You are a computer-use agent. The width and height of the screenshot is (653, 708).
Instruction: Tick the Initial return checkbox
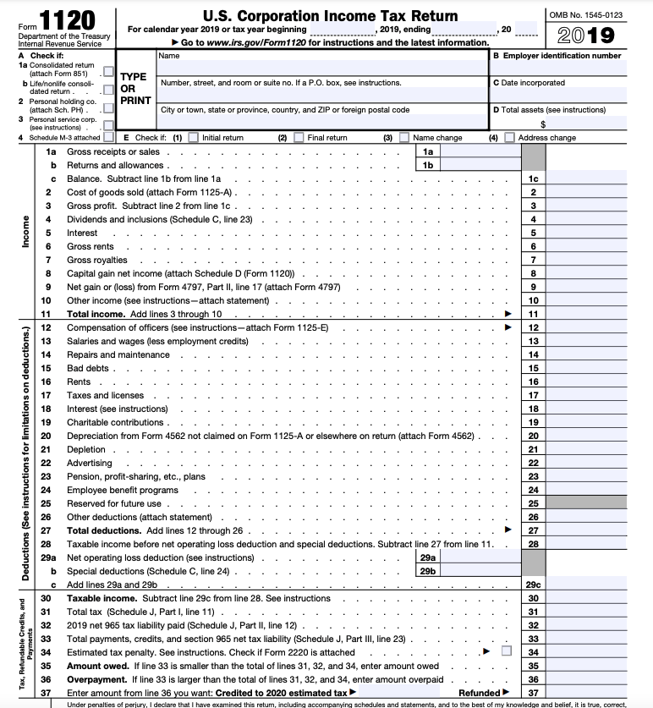[193, 138]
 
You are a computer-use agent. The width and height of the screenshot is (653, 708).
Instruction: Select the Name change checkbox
[403, 138]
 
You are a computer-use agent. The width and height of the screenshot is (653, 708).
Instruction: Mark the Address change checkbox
[509, 138]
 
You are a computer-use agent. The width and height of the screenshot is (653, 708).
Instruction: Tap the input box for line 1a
[480, 151]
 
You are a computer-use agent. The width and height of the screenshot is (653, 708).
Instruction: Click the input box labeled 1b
[480, 165]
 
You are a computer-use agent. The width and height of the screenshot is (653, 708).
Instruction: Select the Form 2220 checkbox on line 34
[507, 651]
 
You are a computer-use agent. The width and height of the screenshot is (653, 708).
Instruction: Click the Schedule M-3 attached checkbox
[108, 137]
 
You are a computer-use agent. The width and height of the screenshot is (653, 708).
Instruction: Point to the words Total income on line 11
[96, 314]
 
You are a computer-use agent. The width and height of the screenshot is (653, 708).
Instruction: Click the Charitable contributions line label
[115, 422]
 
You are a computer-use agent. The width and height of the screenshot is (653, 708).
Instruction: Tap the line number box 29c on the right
[533, 585]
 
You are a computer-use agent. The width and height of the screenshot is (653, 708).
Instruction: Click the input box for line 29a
[480, 558]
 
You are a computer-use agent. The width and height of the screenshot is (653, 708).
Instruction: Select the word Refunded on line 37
[479, 693]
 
